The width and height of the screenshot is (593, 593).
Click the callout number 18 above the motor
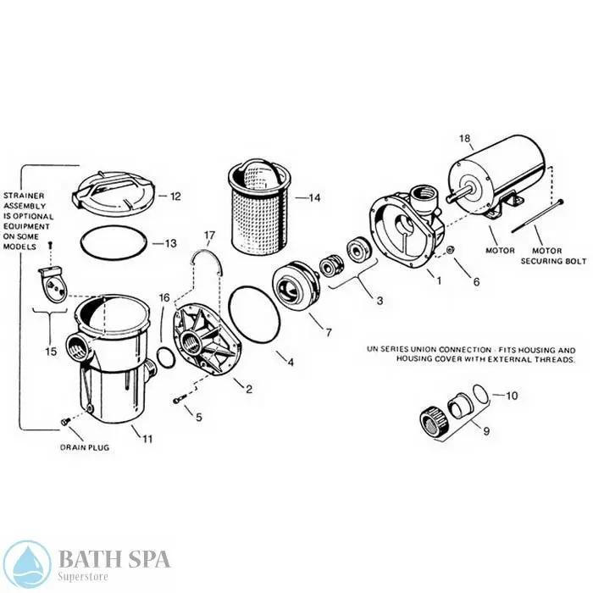point(465,138)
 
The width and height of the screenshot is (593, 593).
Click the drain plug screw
point(64,422)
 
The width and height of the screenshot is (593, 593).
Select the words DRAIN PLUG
point(85,447)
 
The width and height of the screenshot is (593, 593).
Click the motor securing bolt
point(537,216)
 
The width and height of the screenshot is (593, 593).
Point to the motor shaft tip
point(448,197)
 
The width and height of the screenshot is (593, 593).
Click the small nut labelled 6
point(451,250)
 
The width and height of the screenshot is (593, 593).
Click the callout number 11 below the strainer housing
point(147,439)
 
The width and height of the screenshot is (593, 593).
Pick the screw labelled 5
point(180,399)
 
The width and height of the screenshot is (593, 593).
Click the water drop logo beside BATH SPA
point(27,563)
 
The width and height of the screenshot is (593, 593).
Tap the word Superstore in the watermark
point(83,577)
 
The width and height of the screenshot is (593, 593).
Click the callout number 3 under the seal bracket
point(380,301)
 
